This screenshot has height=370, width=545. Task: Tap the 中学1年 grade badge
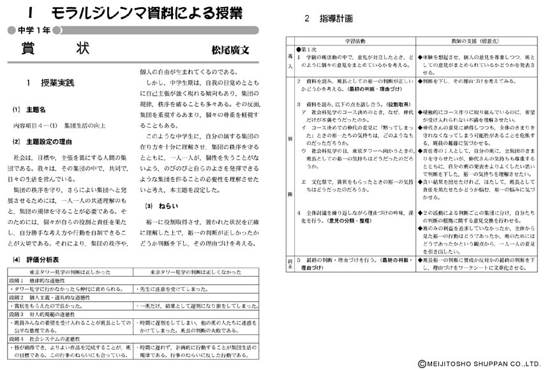pos(30,30)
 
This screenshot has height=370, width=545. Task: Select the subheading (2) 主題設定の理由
pos(44,141)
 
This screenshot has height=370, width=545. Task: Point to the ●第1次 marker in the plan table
pos(307,49)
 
